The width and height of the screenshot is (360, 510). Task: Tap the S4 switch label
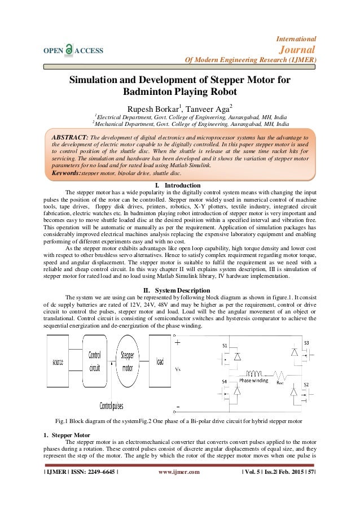(225, 382)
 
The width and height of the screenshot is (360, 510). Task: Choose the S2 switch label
(306, 384)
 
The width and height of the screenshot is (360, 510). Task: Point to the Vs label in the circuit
(178, 369)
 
